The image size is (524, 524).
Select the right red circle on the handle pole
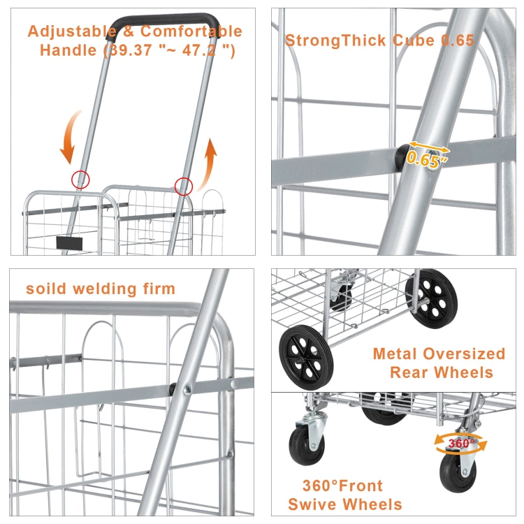[x=184, y=186]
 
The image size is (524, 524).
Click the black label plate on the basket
[x=69, y=244]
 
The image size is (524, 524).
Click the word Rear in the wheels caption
[x=415, y=372]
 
